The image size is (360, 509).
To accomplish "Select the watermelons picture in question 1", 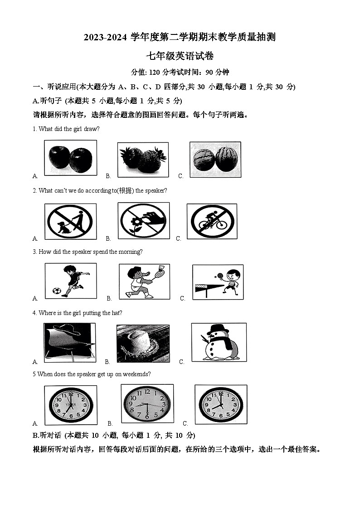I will point(215,159).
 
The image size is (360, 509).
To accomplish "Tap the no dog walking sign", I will point(70,221).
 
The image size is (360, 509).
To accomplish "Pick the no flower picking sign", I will point(143,220).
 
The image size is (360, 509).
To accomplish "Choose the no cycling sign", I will point(212,221).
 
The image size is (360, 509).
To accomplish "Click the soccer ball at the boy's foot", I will point(57,291).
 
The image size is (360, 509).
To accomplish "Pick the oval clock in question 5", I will point(147,403).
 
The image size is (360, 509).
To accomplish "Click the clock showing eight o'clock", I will point(220,404).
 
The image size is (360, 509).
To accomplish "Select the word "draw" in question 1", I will point(92,129).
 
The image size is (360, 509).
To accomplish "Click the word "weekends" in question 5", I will point(136,374).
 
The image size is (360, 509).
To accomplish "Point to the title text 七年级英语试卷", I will point(180,56).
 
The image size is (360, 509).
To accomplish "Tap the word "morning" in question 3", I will point(130,252).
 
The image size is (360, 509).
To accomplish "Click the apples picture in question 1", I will point(70,158).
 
